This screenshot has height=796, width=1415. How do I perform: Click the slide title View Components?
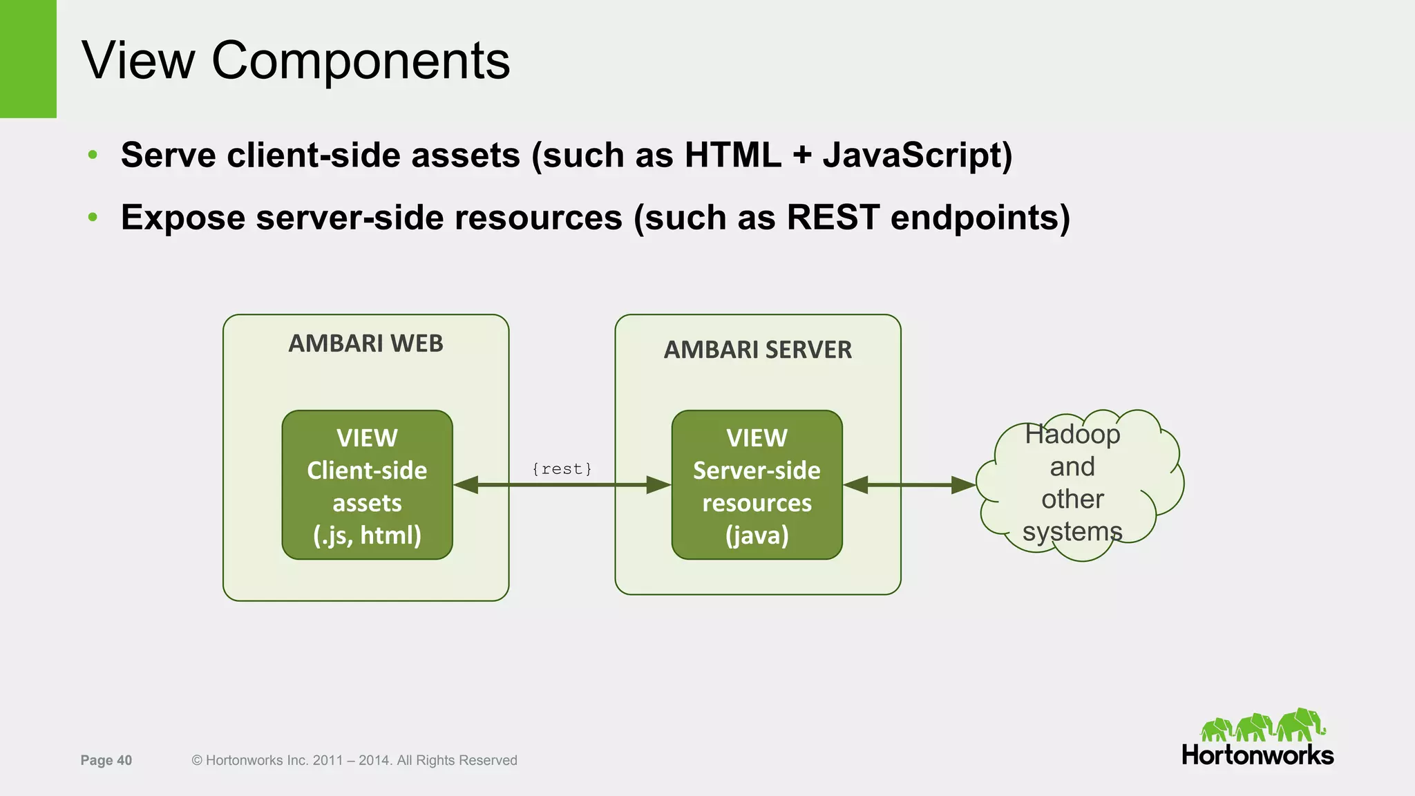point(296,61)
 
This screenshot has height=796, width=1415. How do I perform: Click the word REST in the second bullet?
point(832,218)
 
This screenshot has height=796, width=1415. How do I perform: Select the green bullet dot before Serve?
point(93,155)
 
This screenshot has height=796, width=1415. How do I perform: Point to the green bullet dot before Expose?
point(93,218)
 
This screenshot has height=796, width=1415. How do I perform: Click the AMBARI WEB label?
point(365,343)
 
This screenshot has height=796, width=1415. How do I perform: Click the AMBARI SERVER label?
point(757,350)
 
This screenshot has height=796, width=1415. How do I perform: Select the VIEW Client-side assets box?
point(367,485)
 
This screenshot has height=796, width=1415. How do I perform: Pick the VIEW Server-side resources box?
point(757,485)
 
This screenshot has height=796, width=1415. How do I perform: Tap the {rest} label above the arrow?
point(562,469)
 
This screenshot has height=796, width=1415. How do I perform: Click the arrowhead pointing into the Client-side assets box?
point(466,485)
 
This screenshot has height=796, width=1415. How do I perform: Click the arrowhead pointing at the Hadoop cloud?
point(964,485)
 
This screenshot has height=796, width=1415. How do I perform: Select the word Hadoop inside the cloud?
point(1072,435)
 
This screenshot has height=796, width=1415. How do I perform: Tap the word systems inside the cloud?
point(1072,532)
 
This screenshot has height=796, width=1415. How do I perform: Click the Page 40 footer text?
point(106,760)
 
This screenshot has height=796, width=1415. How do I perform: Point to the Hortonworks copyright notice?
point(354,760)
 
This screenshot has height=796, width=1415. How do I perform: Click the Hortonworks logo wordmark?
point(1257,755)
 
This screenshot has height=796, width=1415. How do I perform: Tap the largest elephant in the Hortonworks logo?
point(1300,724)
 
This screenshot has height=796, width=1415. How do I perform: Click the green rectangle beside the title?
point(28,59)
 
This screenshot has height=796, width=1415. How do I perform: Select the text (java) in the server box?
point(757,536)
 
